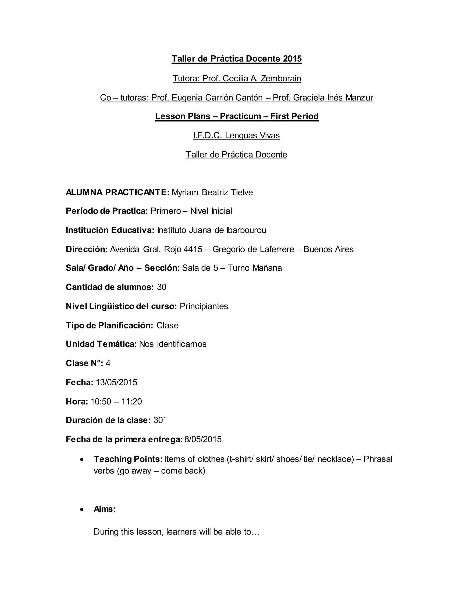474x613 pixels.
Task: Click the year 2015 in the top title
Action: click(292, 59)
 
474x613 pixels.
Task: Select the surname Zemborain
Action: click(281, 78)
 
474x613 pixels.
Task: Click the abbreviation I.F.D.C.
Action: click(208, 135)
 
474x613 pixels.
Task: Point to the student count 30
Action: click(162, 287)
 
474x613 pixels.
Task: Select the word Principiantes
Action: click(204, 306)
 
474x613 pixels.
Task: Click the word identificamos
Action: click(181, 344)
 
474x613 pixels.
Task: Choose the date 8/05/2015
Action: click(203, 439)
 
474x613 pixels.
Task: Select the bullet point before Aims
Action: click(82, 509)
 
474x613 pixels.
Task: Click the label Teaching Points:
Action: click(128, 459)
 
